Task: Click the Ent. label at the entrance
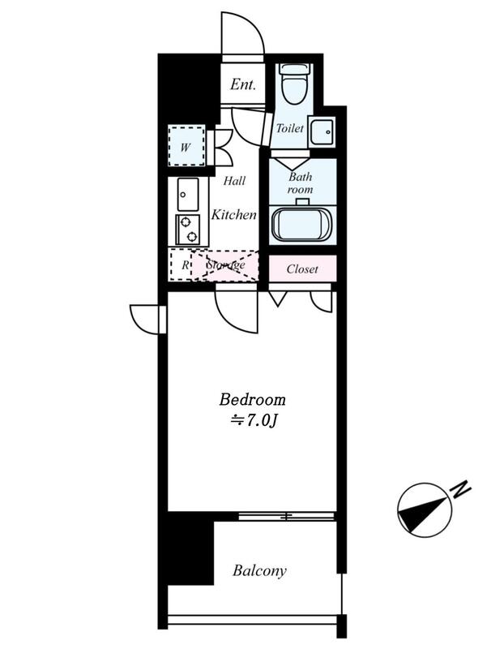(243, 84)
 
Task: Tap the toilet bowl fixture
(295, 84)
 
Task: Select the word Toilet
(290, 128)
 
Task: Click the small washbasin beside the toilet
(322, 132)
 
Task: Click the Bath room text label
(300, 183)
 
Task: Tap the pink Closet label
(302, 269)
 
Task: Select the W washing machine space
(186, 146)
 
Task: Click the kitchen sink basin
(188, 194)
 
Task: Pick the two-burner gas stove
(188, 230)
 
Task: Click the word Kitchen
(234, 214)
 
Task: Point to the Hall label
(234, 180)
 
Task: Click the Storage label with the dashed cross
(226, 265)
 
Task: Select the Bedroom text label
(252, 399)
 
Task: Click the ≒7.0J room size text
(253, 420)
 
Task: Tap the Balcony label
(259, 571)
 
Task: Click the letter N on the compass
(461, 489)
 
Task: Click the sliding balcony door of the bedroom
(287, 516)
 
